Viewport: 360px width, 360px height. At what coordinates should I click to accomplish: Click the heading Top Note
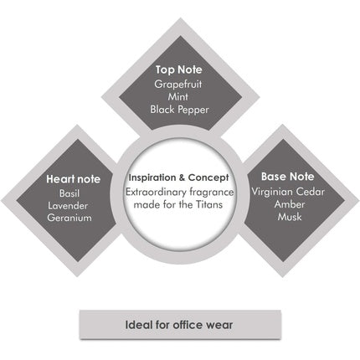(x=179, y=69)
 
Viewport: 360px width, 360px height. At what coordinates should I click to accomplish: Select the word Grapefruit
(x=178, y=85)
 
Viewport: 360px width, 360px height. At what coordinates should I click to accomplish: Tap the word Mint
(x=178, y=97)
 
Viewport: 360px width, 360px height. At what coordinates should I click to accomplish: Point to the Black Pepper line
(x=179, y=110)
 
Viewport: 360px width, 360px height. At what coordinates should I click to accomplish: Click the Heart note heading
(x=73, y=179)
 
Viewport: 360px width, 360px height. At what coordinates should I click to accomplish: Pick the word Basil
(x=69, y=193)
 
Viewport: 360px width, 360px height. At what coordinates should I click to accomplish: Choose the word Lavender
(x=68, y=206)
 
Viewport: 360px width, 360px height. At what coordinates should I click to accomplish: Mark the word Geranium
(x=69, y=218)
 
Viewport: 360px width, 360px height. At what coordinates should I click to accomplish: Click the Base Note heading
(x=287, y=177)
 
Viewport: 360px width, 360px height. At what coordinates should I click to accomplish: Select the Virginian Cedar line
(x=288, y=192)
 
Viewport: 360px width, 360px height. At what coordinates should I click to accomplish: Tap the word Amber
(x=290, y=204)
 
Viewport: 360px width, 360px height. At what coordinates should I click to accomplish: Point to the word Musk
(x=290, y=217)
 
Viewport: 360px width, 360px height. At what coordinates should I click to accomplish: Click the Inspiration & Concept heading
(x=179, y=177)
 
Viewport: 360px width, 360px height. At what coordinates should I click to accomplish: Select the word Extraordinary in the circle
(x=156, y=193)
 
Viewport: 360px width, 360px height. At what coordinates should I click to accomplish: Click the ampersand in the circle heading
(x=182, y=177)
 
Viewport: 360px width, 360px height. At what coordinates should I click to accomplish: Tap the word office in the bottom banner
(x=188, y=325)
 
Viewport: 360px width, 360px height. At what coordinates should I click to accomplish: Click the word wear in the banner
(x=219, y=326)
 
